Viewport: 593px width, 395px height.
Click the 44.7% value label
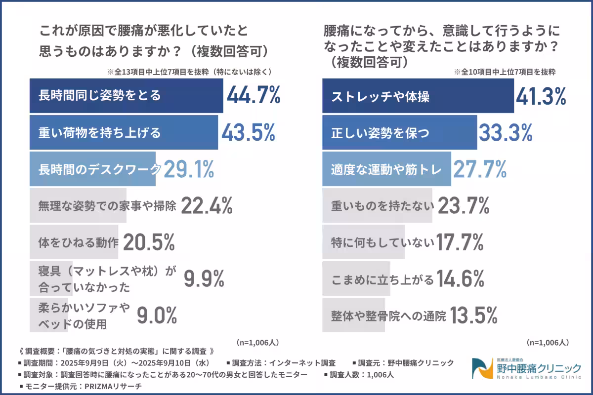coord(254,96)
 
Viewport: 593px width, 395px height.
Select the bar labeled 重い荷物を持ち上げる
coord(124,133)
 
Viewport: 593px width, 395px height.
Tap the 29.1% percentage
coord(189,169)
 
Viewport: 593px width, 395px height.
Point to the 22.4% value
coord(207,206)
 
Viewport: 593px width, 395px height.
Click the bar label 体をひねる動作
coord(79,242)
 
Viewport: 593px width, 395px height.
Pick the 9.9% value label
coord(204,279)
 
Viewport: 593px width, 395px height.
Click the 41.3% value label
coord(541,96)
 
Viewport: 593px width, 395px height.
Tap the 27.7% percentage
coord(480,169)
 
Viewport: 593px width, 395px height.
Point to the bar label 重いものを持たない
coord(382,206)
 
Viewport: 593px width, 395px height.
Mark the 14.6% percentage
coord(460,279)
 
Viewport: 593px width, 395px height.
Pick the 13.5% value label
coord(473,315)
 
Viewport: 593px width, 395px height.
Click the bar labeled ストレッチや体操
coord(418,96)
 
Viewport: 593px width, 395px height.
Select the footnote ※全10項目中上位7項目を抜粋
coord(505,71)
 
